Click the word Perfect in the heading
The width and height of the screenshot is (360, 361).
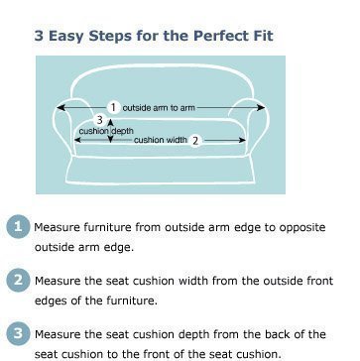[216, 36]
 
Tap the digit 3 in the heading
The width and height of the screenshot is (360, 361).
[39, 36]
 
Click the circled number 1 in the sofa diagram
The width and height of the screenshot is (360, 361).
[113, 107]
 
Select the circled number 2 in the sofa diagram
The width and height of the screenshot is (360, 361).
[195, 141]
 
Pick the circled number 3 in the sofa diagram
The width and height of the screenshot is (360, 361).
[100, 120]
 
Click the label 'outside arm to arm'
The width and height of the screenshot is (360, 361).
[159, 108]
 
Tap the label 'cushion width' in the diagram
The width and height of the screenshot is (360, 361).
[161, 140]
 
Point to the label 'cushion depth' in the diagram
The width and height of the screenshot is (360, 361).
[106, 131]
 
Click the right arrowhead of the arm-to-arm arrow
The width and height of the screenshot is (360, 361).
[261, 107]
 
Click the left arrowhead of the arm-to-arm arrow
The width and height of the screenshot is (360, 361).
[60, 107]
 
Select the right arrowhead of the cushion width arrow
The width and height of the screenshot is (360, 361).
[242, 140]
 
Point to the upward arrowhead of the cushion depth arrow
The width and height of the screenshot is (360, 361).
[111, 121]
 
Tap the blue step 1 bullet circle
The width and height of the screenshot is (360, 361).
[18, 227]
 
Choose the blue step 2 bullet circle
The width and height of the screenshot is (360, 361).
[18, 281]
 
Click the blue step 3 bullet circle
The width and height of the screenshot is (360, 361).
[18, 333]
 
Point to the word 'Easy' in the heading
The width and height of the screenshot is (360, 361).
[65, 36]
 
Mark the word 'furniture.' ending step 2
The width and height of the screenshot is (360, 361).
[132, 301]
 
